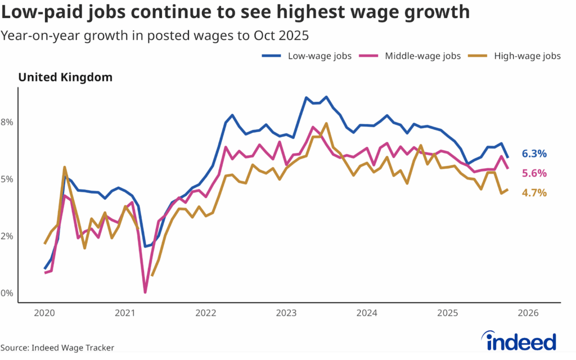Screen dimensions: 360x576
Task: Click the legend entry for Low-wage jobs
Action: [307, 56]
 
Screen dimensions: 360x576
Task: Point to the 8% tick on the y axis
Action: [7, 122]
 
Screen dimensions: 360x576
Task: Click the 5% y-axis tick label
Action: [7, 179]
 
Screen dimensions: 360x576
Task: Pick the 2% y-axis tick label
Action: [7, 236]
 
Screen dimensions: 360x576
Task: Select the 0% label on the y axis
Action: [7, 293]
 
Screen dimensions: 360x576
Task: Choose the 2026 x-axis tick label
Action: [528, 312]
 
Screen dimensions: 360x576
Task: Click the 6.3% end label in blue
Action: [534, 154]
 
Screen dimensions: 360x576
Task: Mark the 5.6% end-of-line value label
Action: [534, 173]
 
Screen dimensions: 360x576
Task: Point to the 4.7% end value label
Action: [534, 192]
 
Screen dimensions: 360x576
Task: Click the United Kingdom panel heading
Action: [65, 78]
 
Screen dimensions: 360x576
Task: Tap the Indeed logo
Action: [521, 341]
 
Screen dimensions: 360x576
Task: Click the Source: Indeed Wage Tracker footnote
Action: [57, 348]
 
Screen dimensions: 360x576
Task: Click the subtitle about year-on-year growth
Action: [155, 35]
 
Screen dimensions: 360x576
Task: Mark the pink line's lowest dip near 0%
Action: [145, 291]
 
